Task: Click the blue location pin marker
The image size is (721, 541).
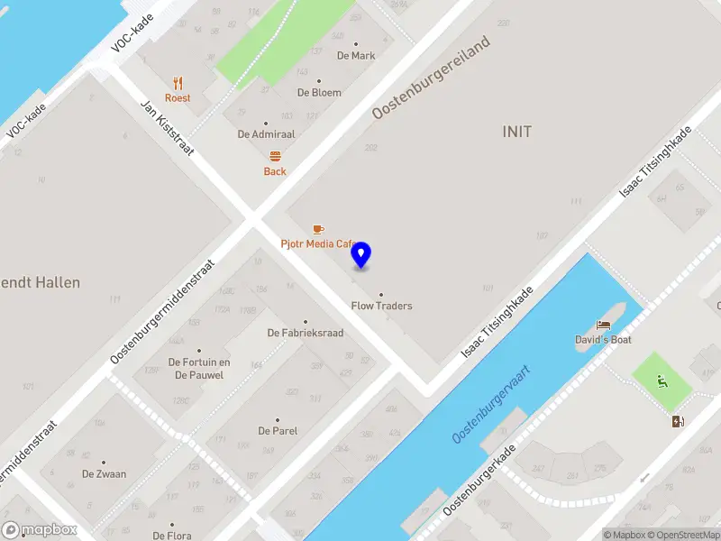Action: click(360, 255)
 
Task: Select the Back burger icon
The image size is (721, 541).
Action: click(275, 156)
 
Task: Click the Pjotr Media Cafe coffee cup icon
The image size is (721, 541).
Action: click(317, 229)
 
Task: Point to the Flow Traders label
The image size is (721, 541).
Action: click(381, 306)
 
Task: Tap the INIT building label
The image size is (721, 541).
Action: click(516, 132)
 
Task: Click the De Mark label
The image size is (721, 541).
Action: click(356, 55)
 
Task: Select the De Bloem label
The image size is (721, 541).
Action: click(319, 92)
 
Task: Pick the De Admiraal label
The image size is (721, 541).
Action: click(266, 133)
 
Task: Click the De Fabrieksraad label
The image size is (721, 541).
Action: click(306, 333)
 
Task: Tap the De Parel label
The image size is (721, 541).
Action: click(278, 430)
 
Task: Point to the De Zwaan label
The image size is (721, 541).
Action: click(104, 473)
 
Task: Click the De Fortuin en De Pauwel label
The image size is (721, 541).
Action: click(199, 368)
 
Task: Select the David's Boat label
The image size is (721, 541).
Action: click(603, 340)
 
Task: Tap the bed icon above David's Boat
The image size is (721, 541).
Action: click(603, 325)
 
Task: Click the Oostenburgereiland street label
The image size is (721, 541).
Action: click(432, 78)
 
